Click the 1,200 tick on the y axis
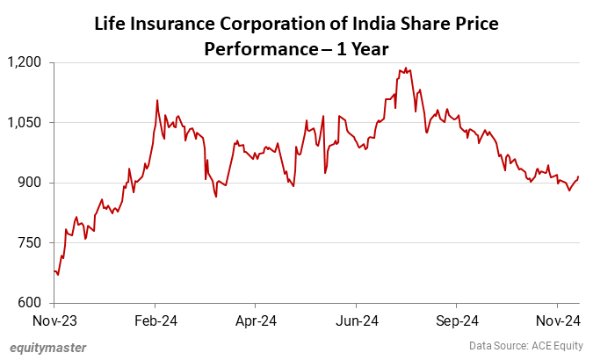(x=28, y=62)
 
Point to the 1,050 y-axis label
(x=28, y=123)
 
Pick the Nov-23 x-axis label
(x=54, y=320)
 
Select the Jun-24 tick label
(x=358, y=320)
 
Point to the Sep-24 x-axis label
(x=458, y=320)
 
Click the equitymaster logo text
(x=48, y=347)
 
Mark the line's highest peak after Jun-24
(x=403, y=68)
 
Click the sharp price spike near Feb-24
(x=157, y=100)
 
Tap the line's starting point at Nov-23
(x=54, y=271)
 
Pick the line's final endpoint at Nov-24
(x=579, y=176)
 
